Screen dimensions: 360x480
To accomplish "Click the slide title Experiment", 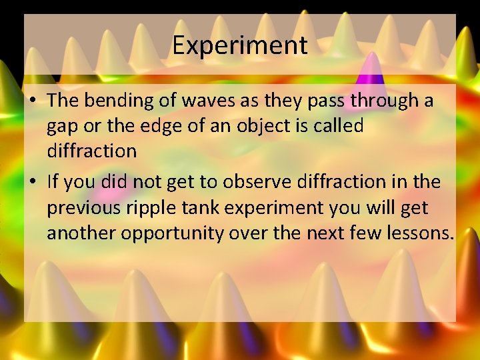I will coord(240,45).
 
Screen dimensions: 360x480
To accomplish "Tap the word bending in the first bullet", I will coord(113,101).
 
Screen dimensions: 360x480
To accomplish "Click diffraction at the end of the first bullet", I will coord(91,151).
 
